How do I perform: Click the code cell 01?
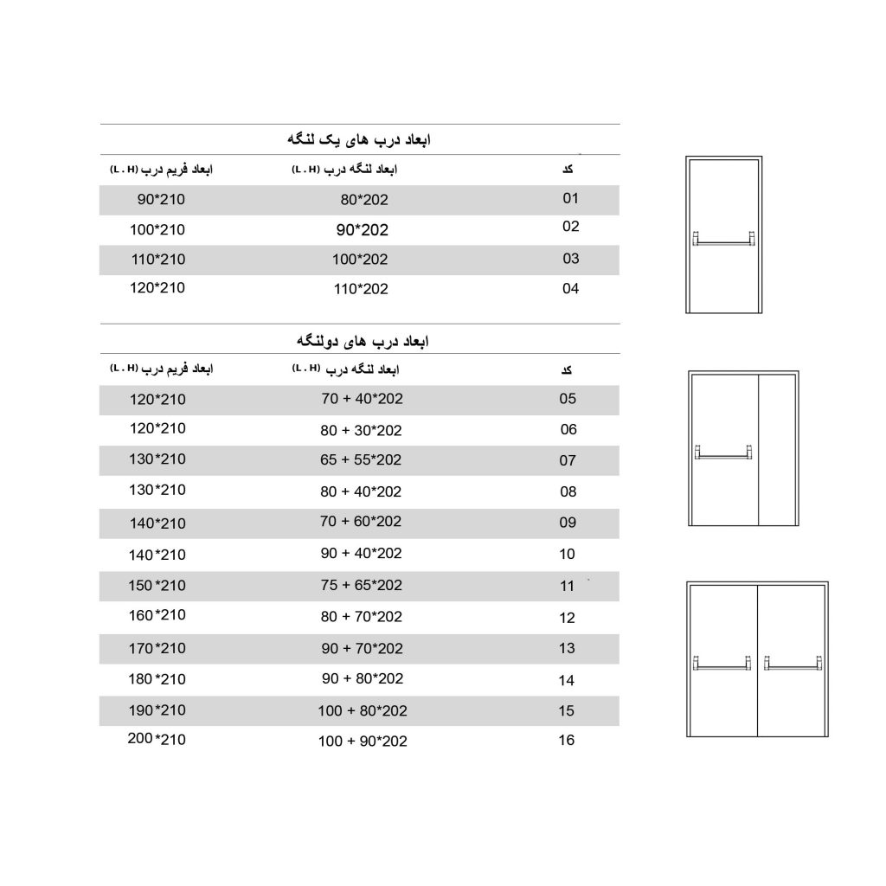pyautogui.click(x=570, y=199)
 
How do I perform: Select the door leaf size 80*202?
pyautogui.click(x=364, y=201)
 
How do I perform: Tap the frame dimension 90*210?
pyautogui.click(x=162, y=200)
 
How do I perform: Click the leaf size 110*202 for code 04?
pyautogui.click(x=361, y=289)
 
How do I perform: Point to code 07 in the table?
pyautogui.click(x=568, y=460)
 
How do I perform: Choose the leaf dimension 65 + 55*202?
pyautogui.click(x=361, y=460)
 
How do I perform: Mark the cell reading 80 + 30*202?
pyautogui.click(x=361, y=430)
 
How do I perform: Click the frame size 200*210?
pyautogui.click(x=157, y=740)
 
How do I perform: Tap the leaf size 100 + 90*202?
pyautogui.click(x=363, y=742)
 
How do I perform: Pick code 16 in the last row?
pyautogui.click(x=568, y=741)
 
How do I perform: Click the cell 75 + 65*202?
pyautogui.click(x=361, y=586)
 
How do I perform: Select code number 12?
pyautogui.click(x=568, y=618)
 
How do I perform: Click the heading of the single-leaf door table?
pyautogui.click(x=358, y=140)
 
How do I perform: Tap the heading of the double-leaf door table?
pyautogui.click(x=358, y=342)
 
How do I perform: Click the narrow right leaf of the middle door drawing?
pyautogui.click(x=776, y=450)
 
